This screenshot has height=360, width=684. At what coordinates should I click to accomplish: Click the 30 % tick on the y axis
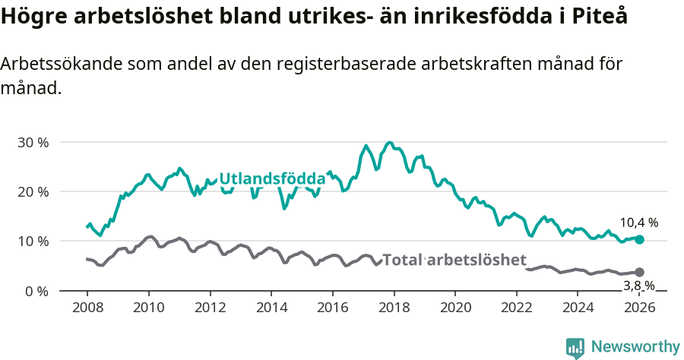coord(33,142)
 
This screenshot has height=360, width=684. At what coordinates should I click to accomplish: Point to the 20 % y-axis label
coord(33,191)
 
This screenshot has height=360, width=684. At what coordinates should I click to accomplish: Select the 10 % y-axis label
coord(33,242)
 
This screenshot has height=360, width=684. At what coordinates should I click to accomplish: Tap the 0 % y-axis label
coord(36,291)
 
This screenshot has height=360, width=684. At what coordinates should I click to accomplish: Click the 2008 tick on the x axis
coord(87,308)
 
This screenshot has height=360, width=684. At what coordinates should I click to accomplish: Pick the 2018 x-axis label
coord(394,308)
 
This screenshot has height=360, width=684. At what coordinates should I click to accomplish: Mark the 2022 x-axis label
coord(517,308)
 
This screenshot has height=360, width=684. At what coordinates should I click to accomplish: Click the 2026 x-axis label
coord(639,308)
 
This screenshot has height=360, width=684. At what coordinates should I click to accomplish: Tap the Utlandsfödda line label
coord(272,179)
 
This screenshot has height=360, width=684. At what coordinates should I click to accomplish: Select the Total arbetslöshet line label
coord(454,260)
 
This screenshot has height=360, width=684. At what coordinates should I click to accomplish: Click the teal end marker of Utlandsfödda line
coord(639,239)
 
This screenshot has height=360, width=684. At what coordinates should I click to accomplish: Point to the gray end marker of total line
coord(639,272)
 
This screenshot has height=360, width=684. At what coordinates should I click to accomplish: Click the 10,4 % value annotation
coord(638,223)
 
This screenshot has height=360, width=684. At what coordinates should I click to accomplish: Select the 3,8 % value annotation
coord(638,286)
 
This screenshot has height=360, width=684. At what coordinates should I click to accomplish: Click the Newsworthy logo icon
coord(575,347)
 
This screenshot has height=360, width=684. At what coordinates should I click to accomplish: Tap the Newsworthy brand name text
coord(635,347)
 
